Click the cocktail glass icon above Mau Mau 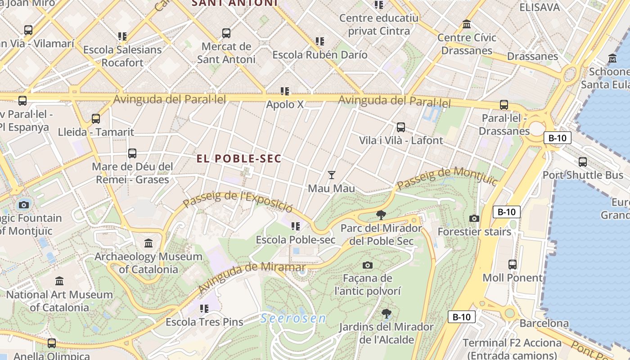332,175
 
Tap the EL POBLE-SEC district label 239,159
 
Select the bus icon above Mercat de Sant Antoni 226,33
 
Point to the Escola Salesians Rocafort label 122,56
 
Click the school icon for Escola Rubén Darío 320,42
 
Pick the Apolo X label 285,104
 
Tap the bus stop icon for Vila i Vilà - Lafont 401,127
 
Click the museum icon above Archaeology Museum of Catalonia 148,243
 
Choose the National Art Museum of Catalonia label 59,301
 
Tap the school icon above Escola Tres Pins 204,309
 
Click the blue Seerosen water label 293,319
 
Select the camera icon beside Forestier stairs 474,219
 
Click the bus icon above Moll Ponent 513,265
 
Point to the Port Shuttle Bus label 583,175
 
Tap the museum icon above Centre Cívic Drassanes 467,24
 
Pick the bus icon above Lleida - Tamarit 96,119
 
